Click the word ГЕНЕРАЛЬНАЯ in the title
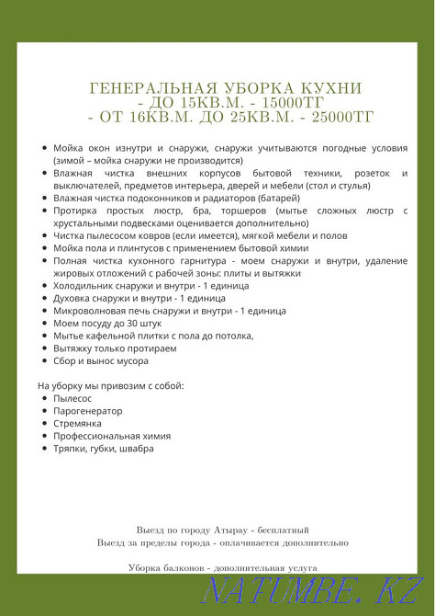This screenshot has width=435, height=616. tap(144, 88)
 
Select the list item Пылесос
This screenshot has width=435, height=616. tap(72, 398)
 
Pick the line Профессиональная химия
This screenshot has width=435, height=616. tap(112, 436)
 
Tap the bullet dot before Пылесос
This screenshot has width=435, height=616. tap(45, 398)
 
